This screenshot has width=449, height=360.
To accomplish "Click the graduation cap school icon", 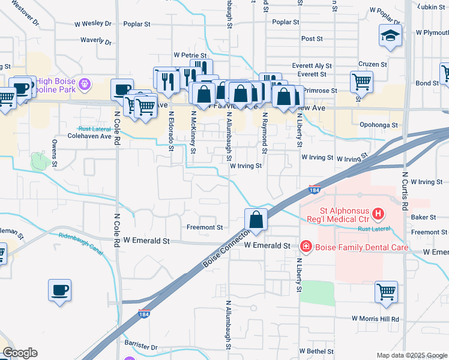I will pos(390,36).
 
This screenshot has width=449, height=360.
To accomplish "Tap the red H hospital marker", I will pos(378,213).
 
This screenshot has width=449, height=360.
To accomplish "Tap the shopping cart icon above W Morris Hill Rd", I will pos(386,292).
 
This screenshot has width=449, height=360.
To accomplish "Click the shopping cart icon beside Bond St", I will pos(361,81).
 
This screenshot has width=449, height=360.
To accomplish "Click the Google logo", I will pos(19,353).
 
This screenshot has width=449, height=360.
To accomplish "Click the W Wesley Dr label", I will pos(93,25).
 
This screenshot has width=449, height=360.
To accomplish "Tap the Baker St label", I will pos(423,217).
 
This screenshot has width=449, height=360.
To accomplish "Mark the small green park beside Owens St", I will pos(40,161).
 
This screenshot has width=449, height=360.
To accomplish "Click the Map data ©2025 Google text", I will pos(412,355).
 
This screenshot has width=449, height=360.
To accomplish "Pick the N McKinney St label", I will pos(193,129).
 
